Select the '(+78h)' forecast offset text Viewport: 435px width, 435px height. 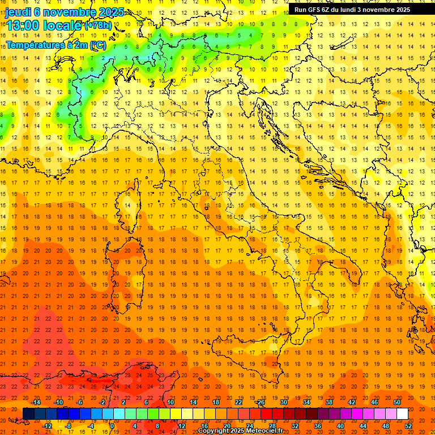coord(98,25)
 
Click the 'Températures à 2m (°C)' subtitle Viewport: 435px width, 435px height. coord(56,44)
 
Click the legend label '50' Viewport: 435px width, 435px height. coord(398,402)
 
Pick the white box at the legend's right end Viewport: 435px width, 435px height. coord(402,414)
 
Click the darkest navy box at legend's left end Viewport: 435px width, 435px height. coord(28,414)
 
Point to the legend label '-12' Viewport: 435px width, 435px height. coord(47,425)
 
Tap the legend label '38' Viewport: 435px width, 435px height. coord(329,402)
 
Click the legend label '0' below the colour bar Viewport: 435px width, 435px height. coord(112,425)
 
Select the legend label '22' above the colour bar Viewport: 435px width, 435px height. coord(238,402)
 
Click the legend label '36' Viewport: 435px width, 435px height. coord(318,425)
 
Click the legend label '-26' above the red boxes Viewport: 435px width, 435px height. coord(261,402)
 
